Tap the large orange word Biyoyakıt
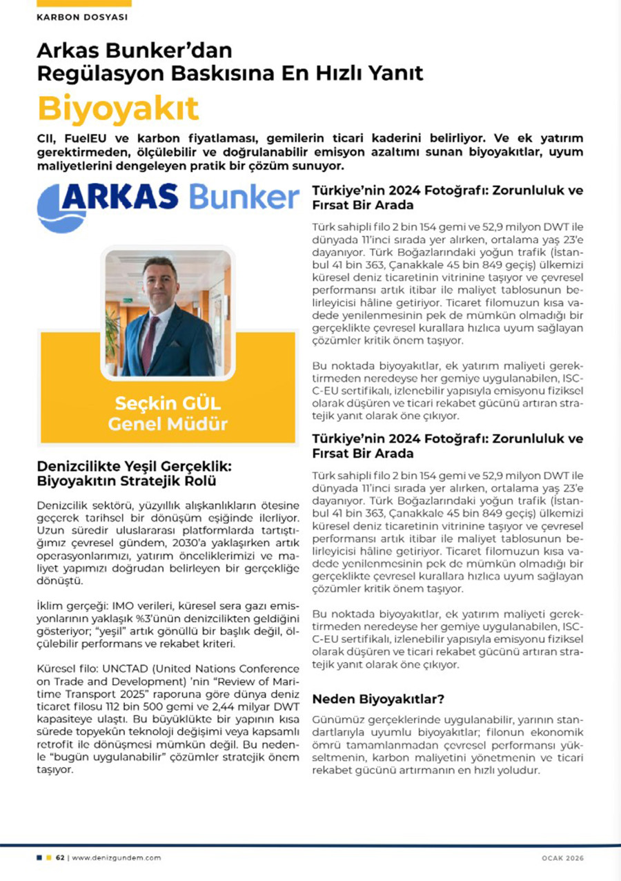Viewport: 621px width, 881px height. coord(117,108)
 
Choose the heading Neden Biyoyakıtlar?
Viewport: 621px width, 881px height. coord(378,698)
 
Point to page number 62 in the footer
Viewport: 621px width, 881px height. coord(60,858)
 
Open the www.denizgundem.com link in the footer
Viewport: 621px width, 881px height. coord(116,858)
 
